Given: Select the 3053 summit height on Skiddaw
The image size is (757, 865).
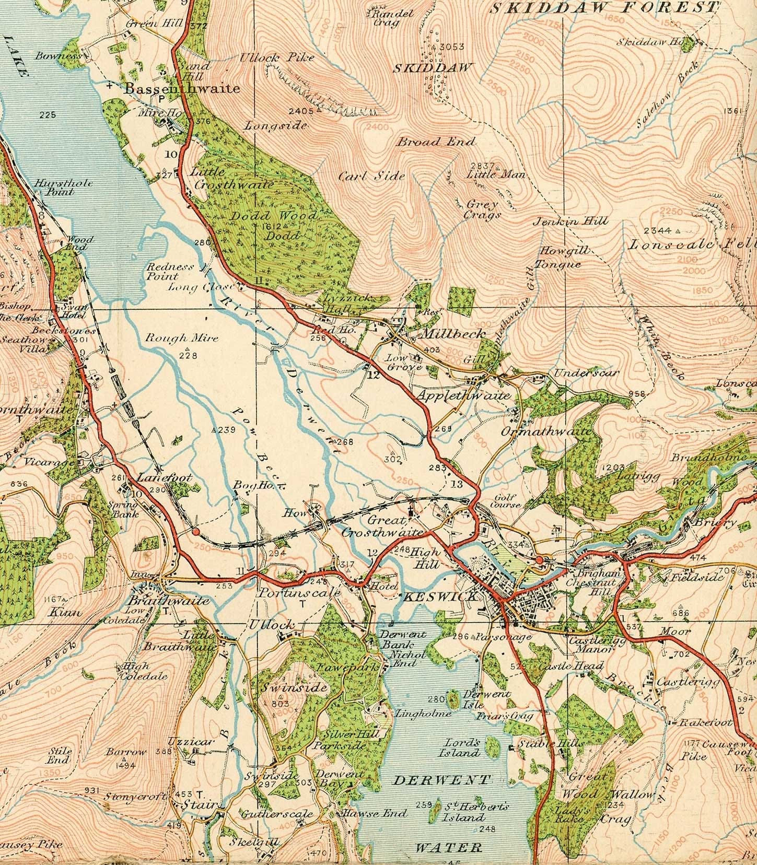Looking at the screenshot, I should pyautogui.click(x=452, y=47).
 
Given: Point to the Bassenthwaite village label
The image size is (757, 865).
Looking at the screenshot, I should pyautogui.click(x=182, y=89).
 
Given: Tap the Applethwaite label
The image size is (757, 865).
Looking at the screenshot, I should pyautogui.click(x=463, y=396).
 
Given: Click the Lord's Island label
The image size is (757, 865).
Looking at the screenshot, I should pyautogui.click(x=462, y=747).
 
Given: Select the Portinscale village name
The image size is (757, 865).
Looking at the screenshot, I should pyautogui.click(x=300, y=593).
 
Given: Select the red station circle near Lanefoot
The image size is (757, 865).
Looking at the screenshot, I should pyautogui.click(x=195, y=532).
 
